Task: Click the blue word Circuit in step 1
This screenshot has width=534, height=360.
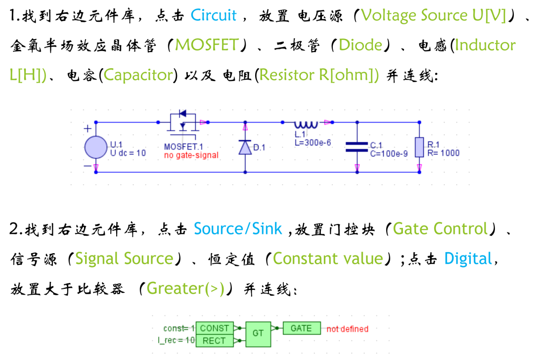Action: pos(214,15)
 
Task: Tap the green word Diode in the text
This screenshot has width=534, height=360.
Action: pos(360,45)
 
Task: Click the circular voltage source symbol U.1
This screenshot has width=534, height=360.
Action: pos(96,147)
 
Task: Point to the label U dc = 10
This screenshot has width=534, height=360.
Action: pos(128,153)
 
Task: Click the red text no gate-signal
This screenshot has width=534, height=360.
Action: pos(191,155)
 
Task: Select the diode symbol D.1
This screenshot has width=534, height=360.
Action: pos(245,147)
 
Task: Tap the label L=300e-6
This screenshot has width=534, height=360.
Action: pos(312,143)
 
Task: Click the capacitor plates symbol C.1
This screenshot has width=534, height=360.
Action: pos(356,146)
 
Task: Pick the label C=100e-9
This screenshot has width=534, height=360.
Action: pos(389,154)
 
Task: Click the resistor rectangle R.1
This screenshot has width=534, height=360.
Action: pos(419,147)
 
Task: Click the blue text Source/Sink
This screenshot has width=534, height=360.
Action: pos(238,229)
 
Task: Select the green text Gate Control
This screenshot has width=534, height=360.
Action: pos(440,229)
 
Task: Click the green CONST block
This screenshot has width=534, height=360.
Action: pos(214,328)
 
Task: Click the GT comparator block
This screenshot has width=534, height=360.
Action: pos(258,333)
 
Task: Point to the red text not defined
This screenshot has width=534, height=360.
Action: pos(347,329)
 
